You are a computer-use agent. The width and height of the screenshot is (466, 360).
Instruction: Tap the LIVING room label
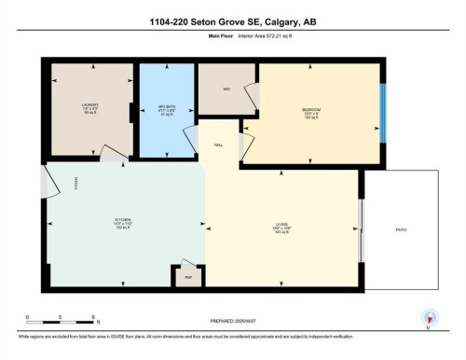click(281, 222)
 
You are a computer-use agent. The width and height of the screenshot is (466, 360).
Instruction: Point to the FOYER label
click(76, 184)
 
